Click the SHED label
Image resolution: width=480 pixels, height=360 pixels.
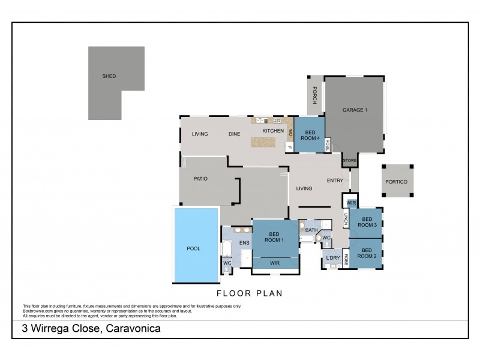pos(109,76)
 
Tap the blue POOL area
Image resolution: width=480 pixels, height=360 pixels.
pos(193,248)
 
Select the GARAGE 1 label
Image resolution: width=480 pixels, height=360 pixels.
pos(354,110)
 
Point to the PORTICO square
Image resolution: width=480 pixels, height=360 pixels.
pos(397,181)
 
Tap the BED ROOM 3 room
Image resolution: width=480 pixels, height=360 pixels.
pos(367,222)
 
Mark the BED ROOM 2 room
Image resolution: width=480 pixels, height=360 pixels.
pos(367,253)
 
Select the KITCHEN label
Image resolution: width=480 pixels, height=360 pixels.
pos(272,130)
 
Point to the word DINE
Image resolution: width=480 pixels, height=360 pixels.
pos(235,134)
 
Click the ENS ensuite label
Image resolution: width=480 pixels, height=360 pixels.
pos(244,243)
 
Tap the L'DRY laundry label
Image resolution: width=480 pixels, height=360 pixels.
pos(333,258)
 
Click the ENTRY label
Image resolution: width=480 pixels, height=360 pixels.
pos(334,181)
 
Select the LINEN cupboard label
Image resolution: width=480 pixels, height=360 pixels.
pos(346,220)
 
